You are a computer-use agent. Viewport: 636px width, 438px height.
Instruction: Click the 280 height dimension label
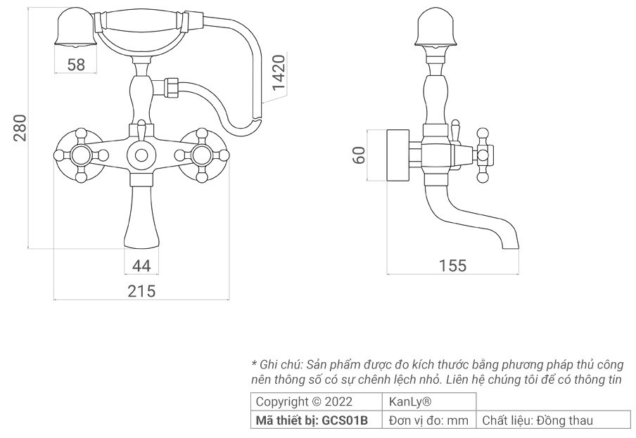pyautogui.click(x=21, y=127)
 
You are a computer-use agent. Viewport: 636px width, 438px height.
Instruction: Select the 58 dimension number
pyautogui.click(x=76, y=65)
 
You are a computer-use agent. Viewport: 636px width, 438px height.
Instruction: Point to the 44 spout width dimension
pyautogui.click(x=141, y=266)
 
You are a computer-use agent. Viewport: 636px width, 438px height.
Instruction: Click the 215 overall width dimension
pyautogui.click(x=141, y=290)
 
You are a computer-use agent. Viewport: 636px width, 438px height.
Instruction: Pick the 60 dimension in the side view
pyautogui.click(x=359, y=155)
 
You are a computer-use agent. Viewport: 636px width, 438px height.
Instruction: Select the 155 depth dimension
pyautogui.click(x=452, y=266)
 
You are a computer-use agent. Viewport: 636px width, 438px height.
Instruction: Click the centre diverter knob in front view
pyautogui.click(x=141, y=155)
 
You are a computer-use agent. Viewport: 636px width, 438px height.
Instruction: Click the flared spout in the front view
pyautogui.click(x=141, y=218)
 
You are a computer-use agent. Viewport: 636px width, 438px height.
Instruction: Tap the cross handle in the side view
pyautogui.click(x=483, y=154)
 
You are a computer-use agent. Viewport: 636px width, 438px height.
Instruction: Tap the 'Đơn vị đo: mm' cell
pyautogui.click(x=430, y=420)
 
